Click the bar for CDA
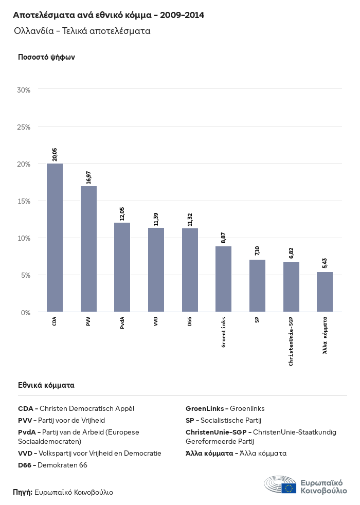(55, 238)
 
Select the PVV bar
(88, 249)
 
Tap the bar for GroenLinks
(223, 279)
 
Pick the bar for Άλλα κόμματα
(325, 292)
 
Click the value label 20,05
(55, 154)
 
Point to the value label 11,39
(156, 219)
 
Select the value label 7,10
(257, 250)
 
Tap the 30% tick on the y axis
(24, 90)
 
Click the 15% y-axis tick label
(24, 201)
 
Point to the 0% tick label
(26, 313)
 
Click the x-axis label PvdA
(122, 323)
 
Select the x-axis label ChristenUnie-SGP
(291, 341)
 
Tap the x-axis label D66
(190, 321)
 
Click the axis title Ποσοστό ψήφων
(46, 57)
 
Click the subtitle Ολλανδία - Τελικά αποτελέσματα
(82, 31)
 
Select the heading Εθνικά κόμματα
(46, 385)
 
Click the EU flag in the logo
(289, 488)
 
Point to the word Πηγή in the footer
(22, 492)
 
